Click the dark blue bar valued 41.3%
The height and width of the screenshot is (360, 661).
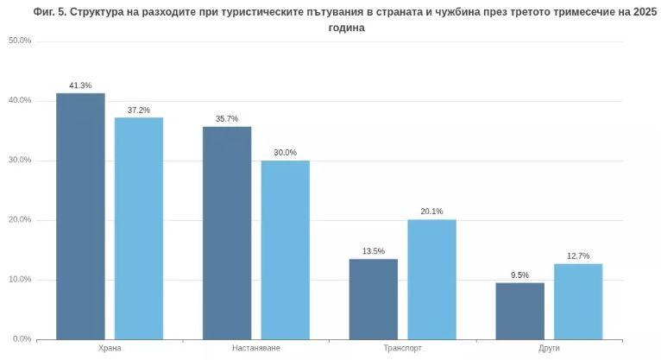point(80,216)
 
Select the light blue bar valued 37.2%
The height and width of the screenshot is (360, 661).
point(139,228)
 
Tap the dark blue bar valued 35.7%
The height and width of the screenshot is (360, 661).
point(227,232)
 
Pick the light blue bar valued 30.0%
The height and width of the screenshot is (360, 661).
point(286,249)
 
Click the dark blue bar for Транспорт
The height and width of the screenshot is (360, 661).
point(374,299)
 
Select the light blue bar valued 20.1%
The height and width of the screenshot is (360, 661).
point(431,279)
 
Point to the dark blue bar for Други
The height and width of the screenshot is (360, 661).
point(519,311)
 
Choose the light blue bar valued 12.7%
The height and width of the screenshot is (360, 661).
point(578,301)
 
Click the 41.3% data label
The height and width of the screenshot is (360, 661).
point(80,85)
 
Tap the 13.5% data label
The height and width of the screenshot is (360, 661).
point(374,251)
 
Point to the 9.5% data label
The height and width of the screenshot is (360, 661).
point(519,275)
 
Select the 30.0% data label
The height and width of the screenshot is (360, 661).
point(286,153)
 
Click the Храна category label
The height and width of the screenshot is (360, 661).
point(110,348)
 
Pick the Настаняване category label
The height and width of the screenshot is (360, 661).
point(256,348)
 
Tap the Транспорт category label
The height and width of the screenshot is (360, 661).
point(403,348)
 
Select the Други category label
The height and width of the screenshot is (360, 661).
point(549,348)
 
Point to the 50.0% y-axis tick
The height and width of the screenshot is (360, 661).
point(20,41)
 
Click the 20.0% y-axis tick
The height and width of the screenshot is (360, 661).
point(20,219)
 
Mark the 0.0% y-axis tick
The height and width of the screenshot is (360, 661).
point(22,338)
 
